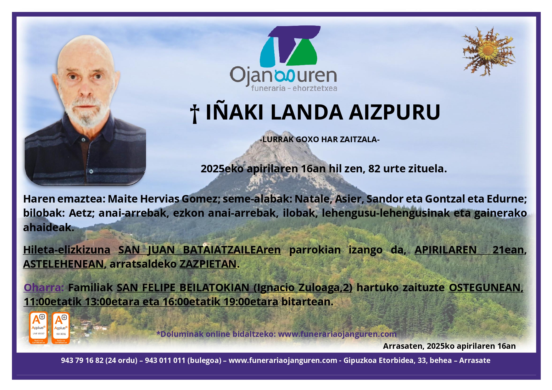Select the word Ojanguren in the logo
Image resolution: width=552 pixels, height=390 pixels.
283,76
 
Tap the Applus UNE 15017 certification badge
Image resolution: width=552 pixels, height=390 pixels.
38,327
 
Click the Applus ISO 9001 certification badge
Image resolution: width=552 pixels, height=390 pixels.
61,327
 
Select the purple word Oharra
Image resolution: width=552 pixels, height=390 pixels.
43,287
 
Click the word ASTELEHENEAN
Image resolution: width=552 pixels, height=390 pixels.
64,264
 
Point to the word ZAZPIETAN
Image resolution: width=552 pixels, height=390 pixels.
208,264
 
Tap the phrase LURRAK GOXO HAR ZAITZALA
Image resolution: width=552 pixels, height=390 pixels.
320,139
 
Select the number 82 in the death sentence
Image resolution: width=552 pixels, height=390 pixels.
374,169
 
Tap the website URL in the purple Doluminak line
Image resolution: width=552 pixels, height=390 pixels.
337,334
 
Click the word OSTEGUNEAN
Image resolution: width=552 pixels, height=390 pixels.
486,287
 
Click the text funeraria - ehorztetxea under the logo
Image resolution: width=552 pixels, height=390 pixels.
294,88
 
